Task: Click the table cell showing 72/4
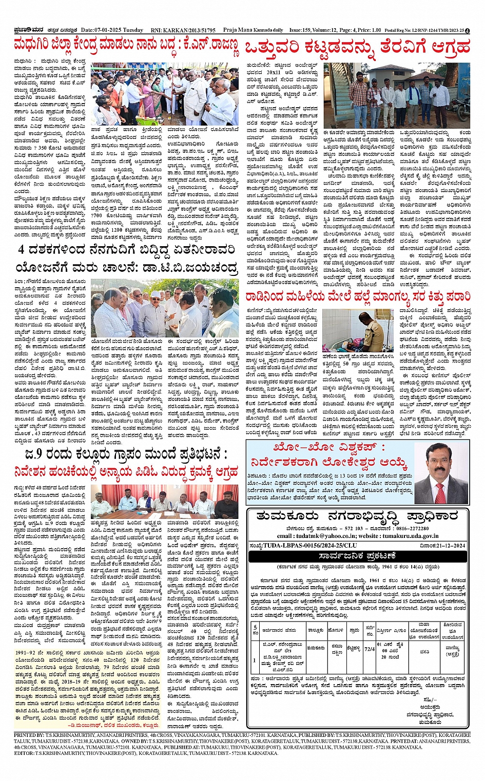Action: pyautogui.click(x=370, y=649)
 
